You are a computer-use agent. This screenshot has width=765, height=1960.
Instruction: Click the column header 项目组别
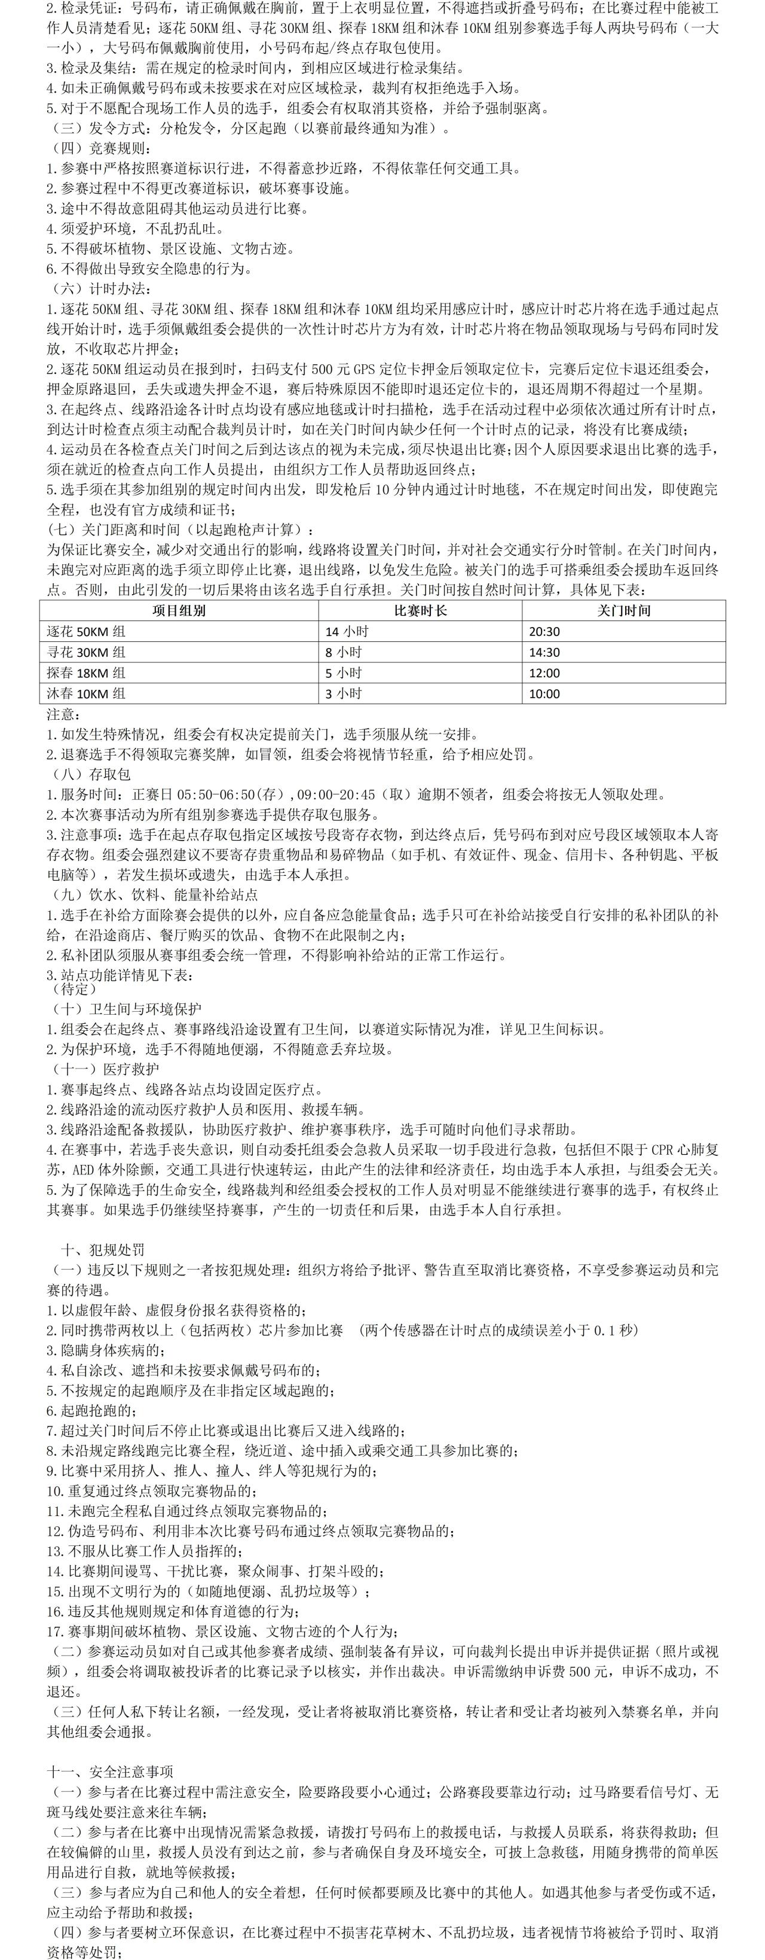point(179,610)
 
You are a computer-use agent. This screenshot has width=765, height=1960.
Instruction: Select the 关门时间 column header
point(623,610)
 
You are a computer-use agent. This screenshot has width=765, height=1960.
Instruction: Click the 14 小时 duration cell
point(347,632)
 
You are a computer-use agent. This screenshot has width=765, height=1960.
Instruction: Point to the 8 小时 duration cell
point(344,652)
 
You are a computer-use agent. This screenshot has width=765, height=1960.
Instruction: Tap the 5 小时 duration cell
point(344,672)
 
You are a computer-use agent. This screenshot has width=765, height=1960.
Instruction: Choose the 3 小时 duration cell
point(344,693)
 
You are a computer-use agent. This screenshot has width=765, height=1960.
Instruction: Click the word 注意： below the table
point(63,714)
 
